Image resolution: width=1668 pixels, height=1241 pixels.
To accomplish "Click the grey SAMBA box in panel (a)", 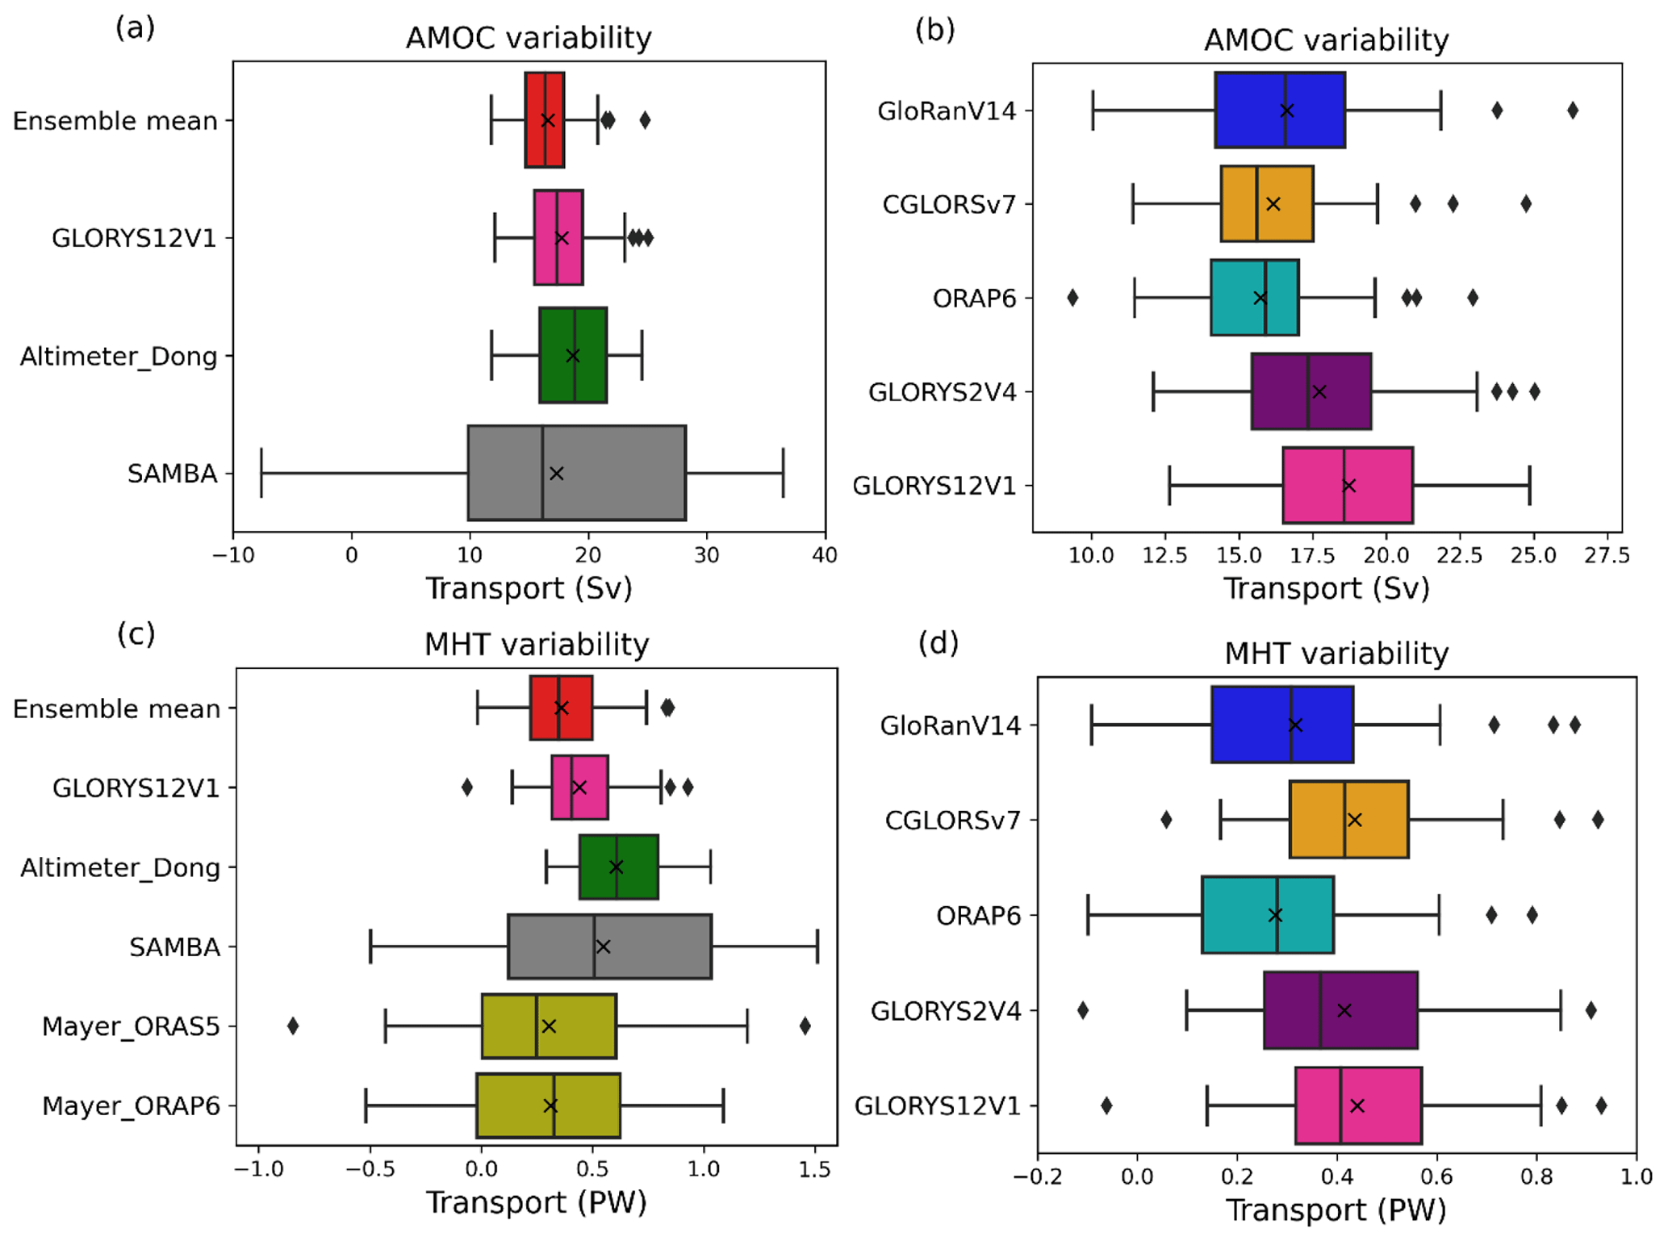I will click(x=576, y=473).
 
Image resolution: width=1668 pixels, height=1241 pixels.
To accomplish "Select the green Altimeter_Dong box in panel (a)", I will click(x=573, y=355).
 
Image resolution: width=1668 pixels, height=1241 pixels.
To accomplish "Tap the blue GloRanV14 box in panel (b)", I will click(x=1279, y=111).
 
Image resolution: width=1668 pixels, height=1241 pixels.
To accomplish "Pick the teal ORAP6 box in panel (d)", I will click(x=1267, y=915).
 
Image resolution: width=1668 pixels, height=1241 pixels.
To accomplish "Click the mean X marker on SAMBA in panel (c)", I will click(x=603, y=946).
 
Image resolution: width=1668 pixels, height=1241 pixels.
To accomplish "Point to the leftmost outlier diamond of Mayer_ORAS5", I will click(x=293, y=1026).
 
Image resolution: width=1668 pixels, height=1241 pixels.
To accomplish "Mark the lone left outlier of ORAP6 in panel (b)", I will click(x=1072, y=298).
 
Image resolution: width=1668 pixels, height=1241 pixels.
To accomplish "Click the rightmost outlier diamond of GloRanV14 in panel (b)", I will click(x=1572, y=111).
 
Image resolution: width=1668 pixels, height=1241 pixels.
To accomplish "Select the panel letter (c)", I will click(x=136, y=634).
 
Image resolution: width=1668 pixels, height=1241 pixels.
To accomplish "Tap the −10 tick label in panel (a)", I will click(x=233, y=555).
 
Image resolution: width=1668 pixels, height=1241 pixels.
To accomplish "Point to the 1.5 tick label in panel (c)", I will click(x=815, y=1170).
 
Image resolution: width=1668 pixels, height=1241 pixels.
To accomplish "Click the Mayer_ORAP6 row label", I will click(x=131, y=1105).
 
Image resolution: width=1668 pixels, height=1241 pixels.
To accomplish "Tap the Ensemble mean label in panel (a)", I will click(x=115, y=121).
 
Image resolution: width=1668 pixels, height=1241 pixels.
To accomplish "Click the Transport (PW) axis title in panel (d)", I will click(x=1336, y=1210).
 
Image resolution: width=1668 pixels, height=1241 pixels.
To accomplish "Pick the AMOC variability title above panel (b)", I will click(x=1326, y=40).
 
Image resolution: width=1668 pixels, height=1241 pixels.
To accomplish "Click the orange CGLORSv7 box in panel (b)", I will click(x=1267, y=204).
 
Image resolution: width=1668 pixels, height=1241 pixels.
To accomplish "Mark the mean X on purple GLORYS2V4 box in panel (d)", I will click(x=1344, y=1010).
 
